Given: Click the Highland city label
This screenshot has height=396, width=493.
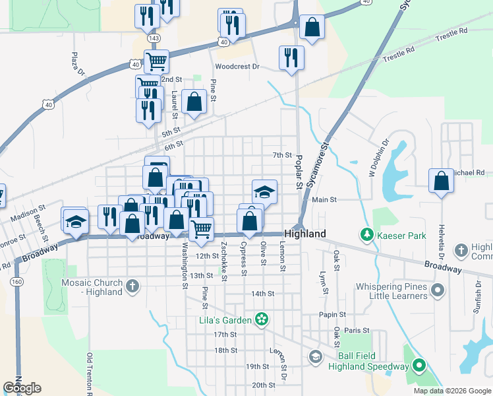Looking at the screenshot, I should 305,234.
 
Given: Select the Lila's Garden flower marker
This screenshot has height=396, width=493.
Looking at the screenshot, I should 262,319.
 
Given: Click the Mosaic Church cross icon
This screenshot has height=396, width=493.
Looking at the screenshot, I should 132,286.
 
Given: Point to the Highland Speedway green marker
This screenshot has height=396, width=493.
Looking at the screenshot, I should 419,366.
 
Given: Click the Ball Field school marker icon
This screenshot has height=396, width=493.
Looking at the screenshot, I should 315,356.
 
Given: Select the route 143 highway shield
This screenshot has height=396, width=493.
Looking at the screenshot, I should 154,38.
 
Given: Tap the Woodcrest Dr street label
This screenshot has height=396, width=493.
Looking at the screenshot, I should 238,67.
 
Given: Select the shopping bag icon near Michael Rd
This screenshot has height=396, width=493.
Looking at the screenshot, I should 440,180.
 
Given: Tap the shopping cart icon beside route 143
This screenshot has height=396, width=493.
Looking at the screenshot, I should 156,61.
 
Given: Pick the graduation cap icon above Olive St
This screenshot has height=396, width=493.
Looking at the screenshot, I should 264,191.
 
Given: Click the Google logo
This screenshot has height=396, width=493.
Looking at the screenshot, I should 22,388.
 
